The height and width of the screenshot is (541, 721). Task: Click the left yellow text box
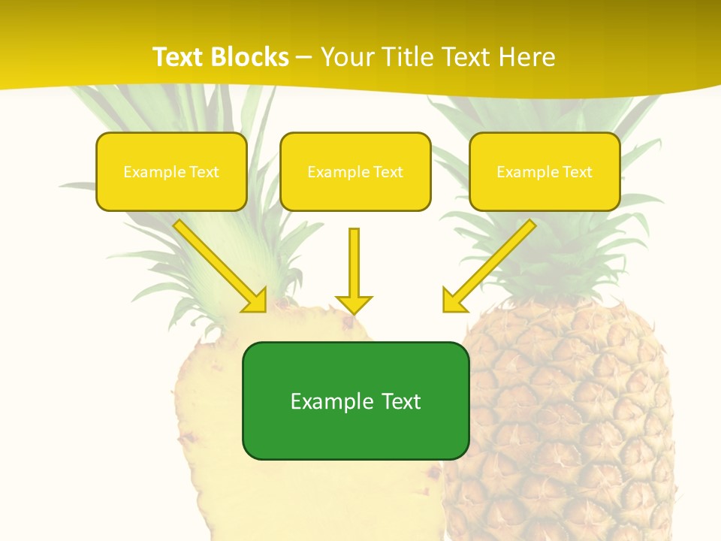coord(171,172)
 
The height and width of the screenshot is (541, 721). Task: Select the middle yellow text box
coord(355,172)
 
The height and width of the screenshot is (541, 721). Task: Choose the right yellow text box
coord(545,172)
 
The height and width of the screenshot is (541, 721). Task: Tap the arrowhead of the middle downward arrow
coord(354,304)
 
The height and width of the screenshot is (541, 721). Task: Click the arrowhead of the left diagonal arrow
coord(255,301)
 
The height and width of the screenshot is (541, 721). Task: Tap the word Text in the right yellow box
coord(577,172)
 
